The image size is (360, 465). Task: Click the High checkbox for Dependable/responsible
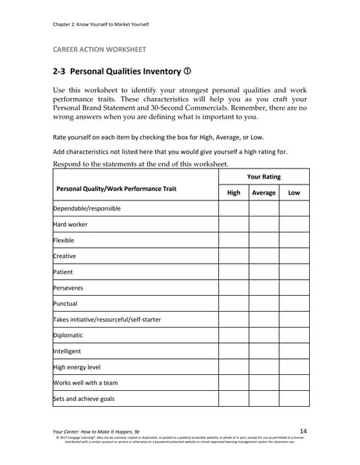coord(233,209)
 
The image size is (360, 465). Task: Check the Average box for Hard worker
coord(263,225)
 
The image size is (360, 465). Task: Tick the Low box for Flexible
coord(294,240)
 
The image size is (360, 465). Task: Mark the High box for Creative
coord(233,256)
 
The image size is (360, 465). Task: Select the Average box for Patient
coord(263,272)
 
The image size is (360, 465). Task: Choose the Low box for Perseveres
coord(294,288)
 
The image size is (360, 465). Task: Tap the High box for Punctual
coord(233,304)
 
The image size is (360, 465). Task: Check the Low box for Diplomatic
coord(294,336)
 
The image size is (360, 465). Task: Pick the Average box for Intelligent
coord(263,351)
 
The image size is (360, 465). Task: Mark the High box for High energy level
coord(233,367)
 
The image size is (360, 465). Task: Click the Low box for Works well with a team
coord(294,383)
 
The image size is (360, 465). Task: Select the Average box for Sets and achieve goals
coord(263,398)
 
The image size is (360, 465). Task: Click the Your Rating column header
coord(263,177)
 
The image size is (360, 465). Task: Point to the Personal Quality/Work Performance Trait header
coord(116,189)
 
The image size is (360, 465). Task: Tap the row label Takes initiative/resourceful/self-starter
coord(108,320)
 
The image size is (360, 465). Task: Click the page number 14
coord(303,430)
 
